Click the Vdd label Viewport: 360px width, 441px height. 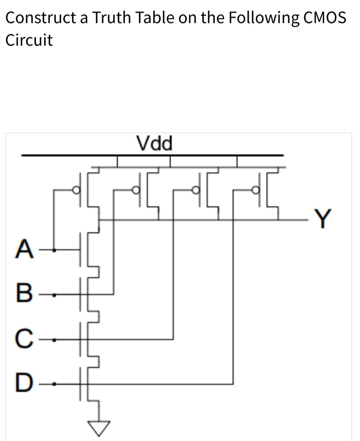[x=154, y=143]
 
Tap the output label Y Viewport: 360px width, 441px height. [x=322, y=218]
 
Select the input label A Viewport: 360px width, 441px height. [x=24, y=249]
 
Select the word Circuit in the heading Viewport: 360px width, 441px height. [x=29, y=40]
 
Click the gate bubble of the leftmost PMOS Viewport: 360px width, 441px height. [x=76, y=190]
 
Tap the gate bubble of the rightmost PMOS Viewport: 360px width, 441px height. [x=256, y=190]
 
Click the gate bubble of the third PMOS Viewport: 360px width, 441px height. [x=196, y=190]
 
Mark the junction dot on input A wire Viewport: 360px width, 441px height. [x=54, y=250]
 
